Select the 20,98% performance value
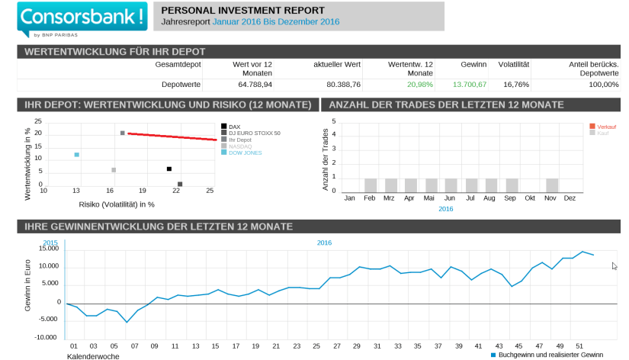point(419,84)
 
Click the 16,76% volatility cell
point(516,84)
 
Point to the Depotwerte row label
point(181,84)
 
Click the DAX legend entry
point(234,126)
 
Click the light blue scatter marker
point(77,155)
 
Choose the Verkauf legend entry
point(608,127)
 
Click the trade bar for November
point(552,185)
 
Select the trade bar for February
point(371,185)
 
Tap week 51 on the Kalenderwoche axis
point(580,345)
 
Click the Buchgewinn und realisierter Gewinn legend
point(547,355)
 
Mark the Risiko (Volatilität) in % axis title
point(117,204)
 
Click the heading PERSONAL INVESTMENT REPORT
point(243,10)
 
